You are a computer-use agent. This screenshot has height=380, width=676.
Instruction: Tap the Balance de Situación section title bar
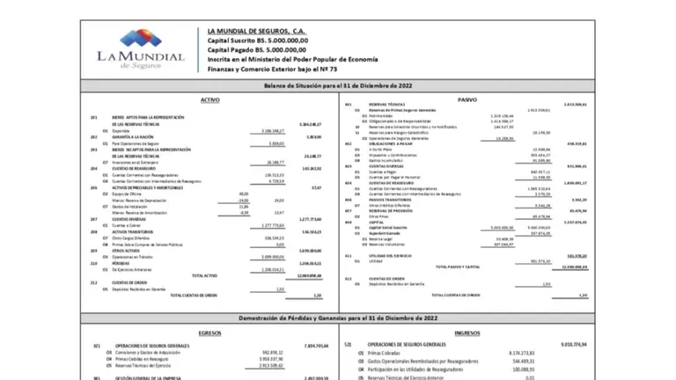pos(337,86)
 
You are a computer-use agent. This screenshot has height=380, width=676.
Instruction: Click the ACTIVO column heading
pos(210,101)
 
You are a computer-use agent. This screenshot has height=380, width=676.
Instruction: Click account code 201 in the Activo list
pos(94,117)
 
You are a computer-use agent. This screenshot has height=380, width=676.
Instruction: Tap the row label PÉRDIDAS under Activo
pos(122,262)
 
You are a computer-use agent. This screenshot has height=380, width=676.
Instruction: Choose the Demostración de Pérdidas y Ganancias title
pos(337,316)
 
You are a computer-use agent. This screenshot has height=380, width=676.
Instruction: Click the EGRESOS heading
pos(210,333)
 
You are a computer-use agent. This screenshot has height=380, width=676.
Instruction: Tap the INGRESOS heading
pos(467,333)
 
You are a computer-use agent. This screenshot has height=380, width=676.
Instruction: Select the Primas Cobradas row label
pos(388,352)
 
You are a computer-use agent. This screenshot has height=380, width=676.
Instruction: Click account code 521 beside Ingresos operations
pos(349,345)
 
